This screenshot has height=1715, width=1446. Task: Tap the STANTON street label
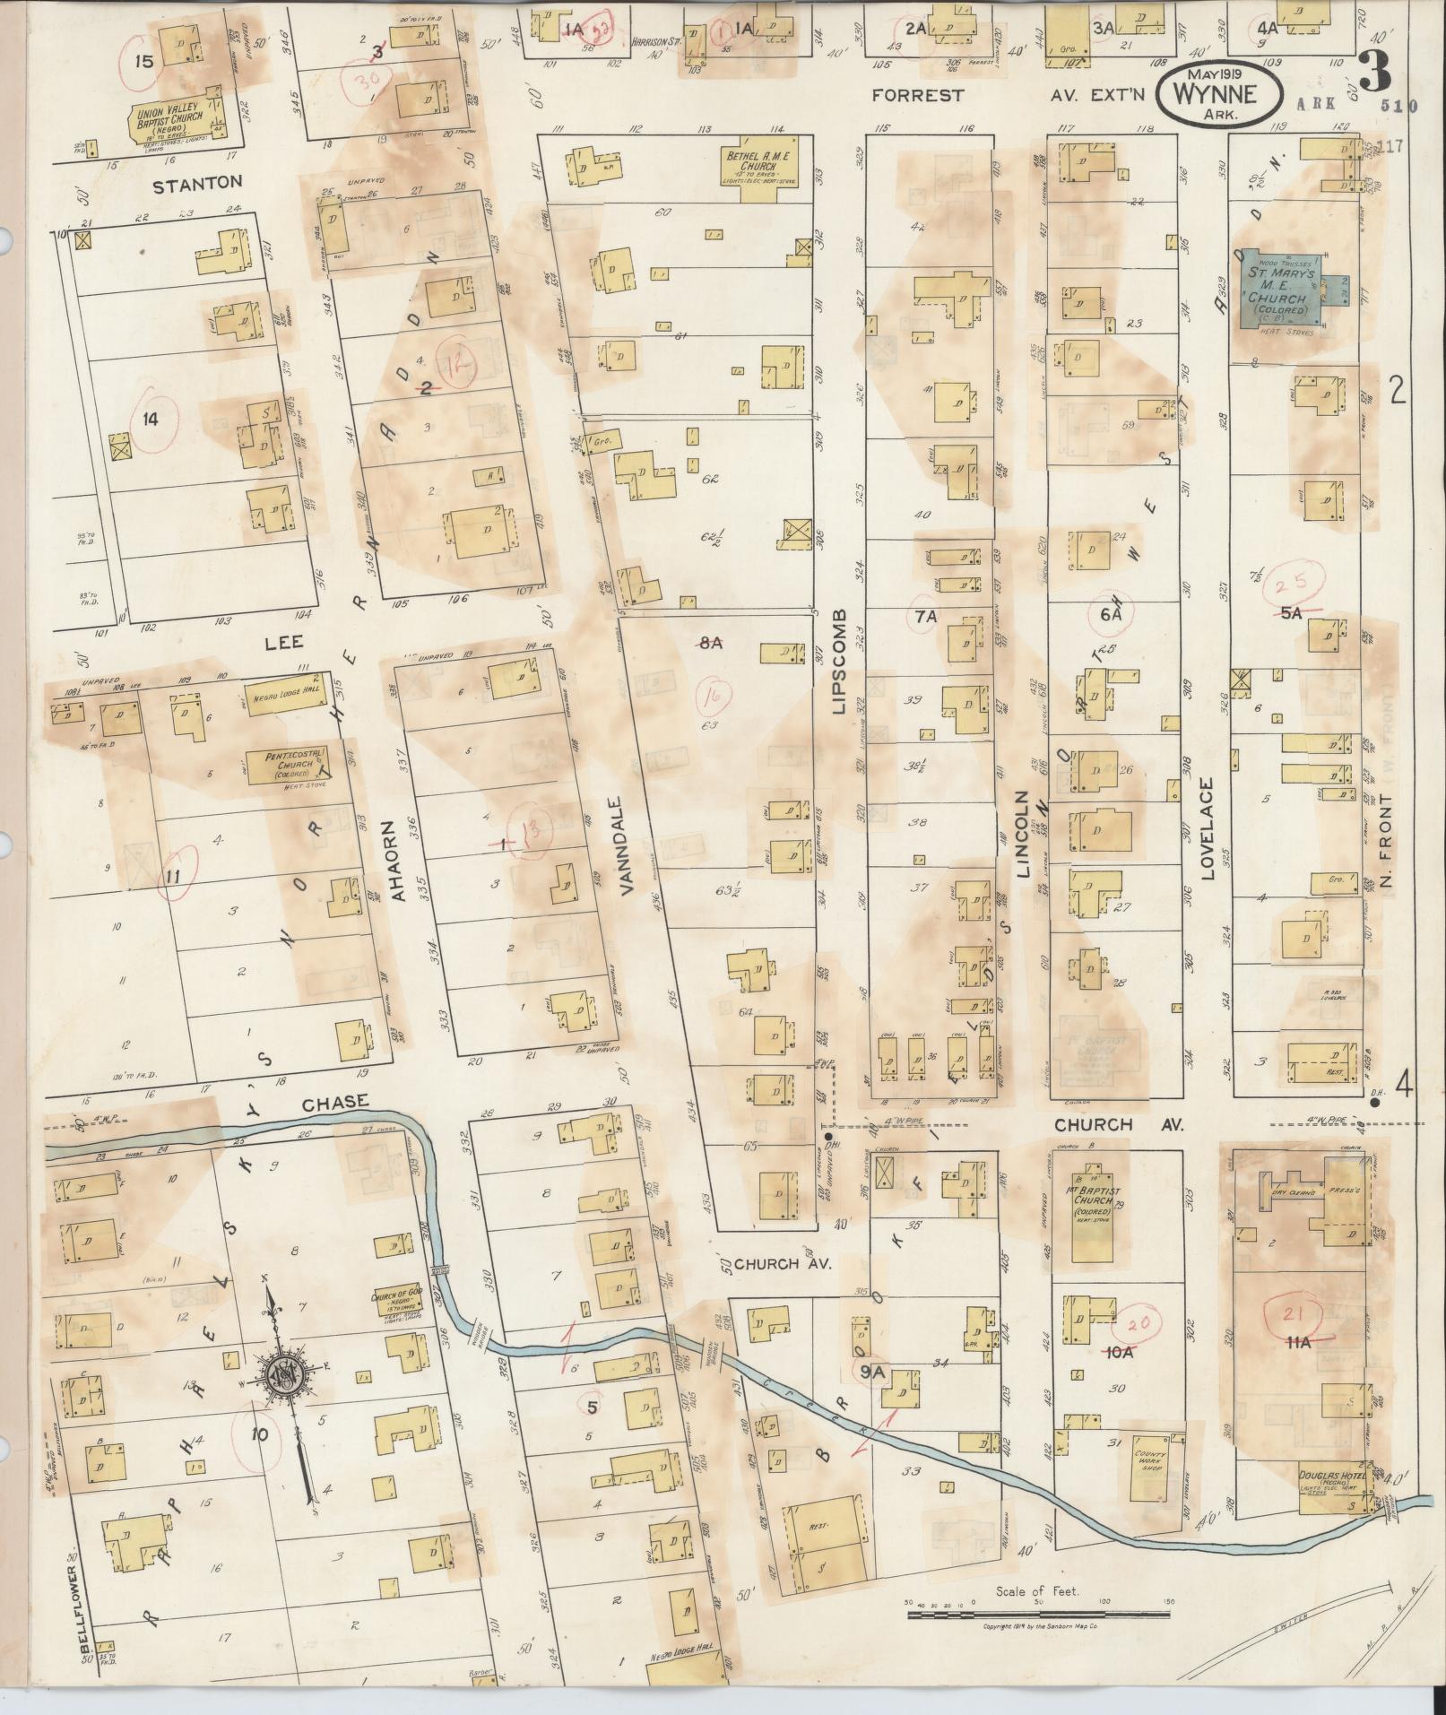tap(197, 183)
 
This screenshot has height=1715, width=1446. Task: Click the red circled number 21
tap(1291, 1317)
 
